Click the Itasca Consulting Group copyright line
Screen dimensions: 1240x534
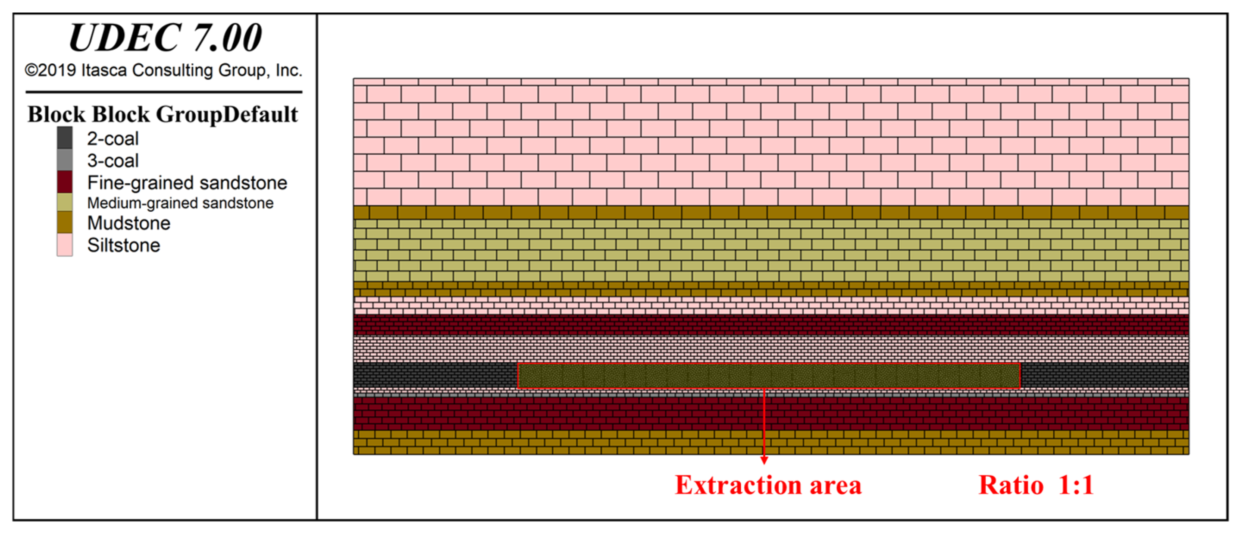coord(164,70)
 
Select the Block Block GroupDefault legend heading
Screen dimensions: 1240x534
coord(163,115)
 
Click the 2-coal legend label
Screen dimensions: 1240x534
coord(113,139)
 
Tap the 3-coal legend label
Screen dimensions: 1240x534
coord(113,161)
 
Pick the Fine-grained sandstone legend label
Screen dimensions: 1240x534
coord(187,183)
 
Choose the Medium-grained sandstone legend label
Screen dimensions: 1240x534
coord(180,203)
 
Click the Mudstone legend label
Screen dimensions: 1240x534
coord(128,223)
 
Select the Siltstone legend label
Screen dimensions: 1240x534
coord(123,245)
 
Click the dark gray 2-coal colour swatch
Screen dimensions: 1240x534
coord(65,138)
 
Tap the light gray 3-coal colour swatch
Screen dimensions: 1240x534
coord(65,160)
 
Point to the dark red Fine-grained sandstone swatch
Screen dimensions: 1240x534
coord(65,182)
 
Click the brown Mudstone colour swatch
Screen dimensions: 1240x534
coord(65,223)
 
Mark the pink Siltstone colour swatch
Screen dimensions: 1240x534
coord(65,245)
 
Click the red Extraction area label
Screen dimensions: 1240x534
coord(768,485)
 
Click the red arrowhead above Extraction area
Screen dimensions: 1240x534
coord(764,460)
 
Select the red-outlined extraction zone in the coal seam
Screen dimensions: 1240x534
coord(768,376)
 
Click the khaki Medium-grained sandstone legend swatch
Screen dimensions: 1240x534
coord(65,202)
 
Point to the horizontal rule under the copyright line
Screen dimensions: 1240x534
coord(164,92)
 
